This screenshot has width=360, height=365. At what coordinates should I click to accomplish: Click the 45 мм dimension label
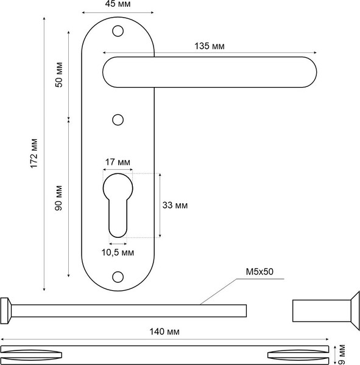[x=118, y=4]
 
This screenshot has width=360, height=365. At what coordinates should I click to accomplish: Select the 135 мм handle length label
[x=210, y=46]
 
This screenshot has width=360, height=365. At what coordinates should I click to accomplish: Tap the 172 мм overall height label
[x=34, y=153]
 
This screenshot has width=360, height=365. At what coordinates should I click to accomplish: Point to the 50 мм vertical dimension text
[x=59, y=75]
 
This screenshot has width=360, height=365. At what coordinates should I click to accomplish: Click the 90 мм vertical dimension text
[x=58, y=198]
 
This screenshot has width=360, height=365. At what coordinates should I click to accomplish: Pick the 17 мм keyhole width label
[x=118, y=162]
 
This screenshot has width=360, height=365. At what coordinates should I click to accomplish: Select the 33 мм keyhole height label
[x=175, y=206]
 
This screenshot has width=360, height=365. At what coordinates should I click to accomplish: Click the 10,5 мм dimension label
[x=118, y=252]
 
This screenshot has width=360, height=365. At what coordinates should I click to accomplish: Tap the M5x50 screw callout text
[x=259, y=272]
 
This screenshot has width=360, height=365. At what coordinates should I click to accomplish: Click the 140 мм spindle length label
[x=164, y=332]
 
